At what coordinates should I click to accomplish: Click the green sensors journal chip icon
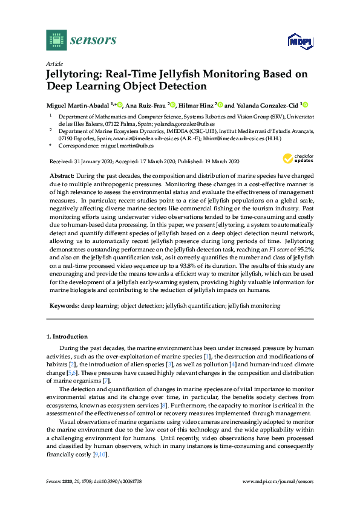(56, 40)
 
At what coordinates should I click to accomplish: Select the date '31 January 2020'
(92, 161)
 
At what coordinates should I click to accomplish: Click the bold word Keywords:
(64, 306)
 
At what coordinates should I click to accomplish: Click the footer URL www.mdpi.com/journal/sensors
(278, 481)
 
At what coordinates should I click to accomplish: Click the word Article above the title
(54, 63)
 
